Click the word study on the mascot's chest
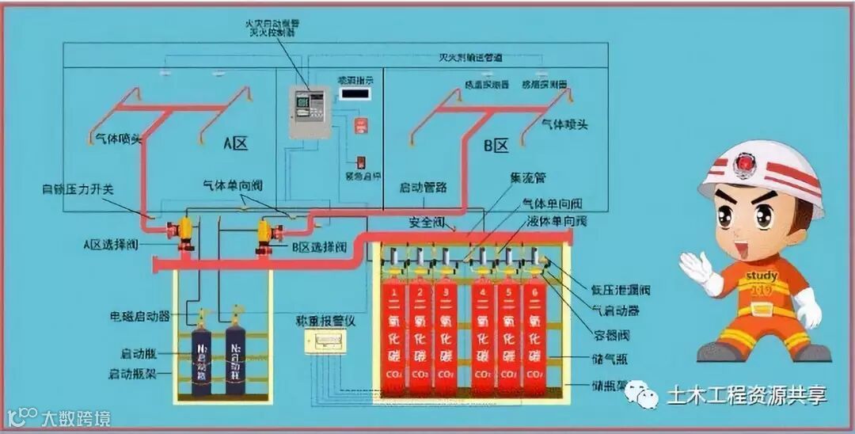point(762,276)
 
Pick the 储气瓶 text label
point(610,360)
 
